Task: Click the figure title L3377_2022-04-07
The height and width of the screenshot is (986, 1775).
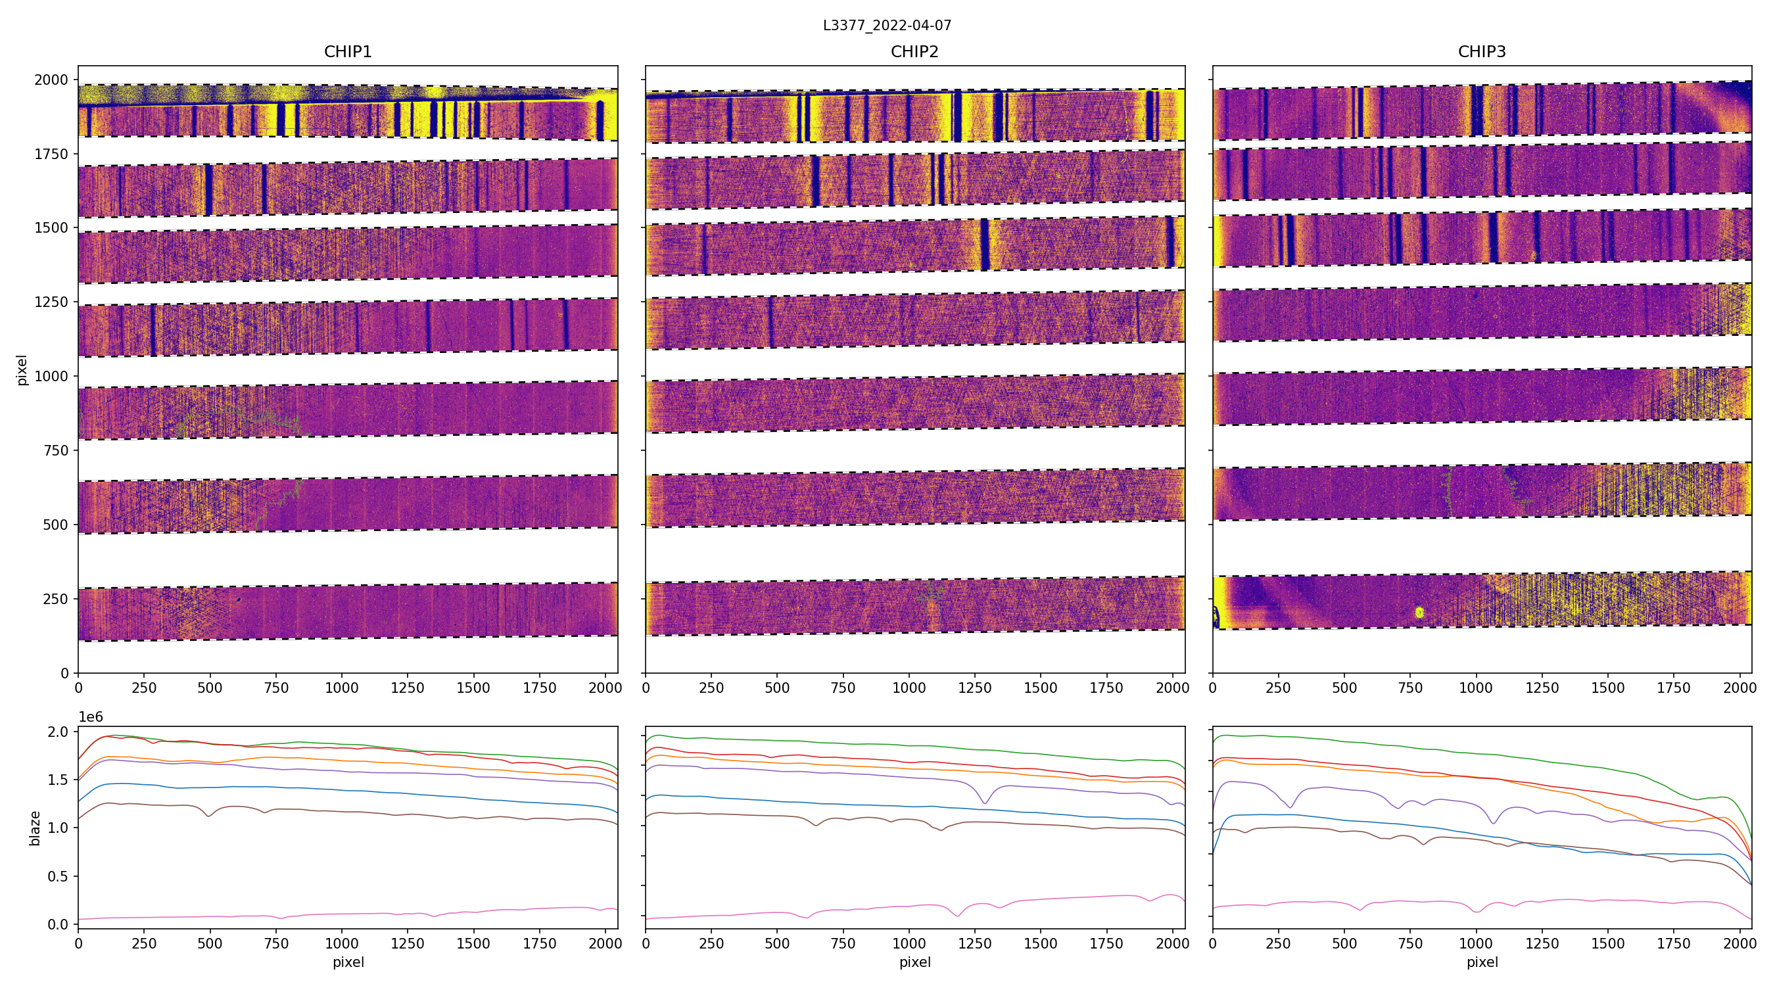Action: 887,26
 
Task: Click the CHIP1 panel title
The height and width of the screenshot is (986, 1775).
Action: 348,52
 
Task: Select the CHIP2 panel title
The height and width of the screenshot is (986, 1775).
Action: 914,52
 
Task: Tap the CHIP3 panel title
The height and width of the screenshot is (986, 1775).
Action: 1481,52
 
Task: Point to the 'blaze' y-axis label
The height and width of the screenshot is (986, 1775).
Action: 35,828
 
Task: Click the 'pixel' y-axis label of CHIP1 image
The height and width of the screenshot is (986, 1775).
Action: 22,370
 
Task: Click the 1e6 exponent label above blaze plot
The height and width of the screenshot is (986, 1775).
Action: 91,717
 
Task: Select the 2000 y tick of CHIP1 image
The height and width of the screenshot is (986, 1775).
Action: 52,80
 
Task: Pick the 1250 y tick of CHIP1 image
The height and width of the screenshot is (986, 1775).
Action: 52,302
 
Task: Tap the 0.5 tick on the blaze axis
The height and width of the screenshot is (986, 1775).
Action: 57,876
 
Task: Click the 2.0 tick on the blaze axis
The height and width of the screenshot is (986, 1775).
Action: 57,732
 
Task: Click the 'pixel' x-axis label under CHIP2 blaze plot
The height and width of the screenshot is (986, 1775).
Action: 914,962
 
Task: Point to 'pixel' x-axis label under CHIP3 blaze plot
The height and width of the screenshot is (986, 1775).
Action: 1481,962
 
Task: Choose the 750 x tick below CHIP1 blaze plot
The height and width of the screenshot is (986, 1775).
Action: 276,943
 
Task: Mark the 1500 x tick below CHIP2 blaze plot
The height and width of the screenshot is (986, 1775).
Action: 1041,943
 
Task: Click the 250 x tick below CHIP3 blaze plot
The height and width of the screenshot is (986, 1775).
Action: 1278,943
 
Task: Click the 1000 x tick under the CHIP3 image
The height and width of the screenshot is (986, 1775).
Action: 1476,688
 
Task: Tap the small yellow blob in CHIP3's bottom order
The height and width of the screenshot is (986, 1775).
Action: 1419,612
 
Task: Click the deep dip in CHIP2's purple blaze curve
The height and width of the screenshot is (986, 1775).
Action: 985,802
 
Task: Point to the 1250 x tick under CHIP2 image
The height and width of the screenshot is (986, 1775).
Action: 974,688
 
